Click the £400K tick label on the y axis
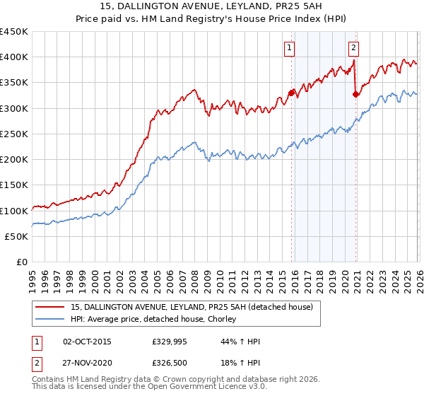tap(14, 57)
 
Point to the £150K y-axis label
tap(14, 185)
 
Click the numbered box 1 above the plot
tap(290, 48)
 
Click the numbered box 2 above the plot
tap(353, 48)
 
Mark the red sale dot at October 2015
tap(291, 92)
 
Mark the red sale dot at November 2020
tap(355, 94)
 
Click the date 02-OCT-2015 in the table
tap(87, 342)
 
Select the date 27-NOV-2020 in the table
tap(88, 364)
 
